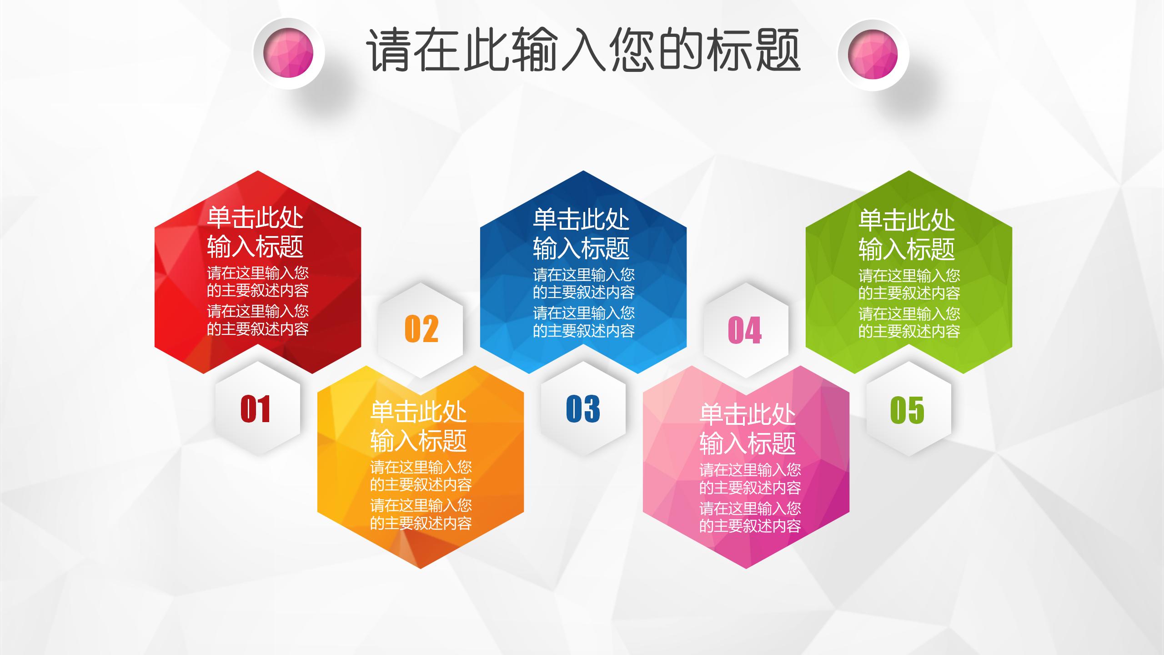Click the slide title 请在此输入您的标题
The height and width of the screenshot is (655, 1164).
pyautogui.click(x=583, y=50)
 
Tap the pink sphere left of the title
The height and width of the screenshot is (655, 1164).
pyautogui.click(x=289, y=53)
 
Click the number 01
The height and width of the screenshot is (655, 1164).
pyautogui.click(x=255, y=409)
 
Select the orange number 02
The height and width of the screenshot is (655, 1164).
pyautogui.click(x=421, y=329)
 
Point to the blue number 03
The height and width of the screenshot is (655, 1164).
pyautogui.click(x=583, y=409)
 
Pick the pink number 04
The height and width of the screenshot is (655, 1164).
pyautogui.click(x=745, y=330)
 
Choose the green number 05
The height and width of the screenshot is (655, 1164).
pyautogui.click(x=907, y=410)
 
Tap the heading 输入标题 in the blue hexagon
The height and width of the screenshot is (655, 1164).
pyautogui.click(x=581, y=248)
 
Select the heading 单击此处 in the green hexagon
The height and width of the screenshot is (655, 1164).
pyautogui.click(x=907, y=221)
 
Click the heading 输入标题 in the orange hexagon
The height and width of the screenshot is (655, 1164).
pyautogui.click(x=418, y=440)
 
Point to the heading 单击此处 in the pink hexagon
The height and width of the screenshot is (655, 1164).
pyautogui.click(x=748, y=414)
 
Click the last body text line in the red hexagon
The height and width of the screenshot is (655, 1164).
pyautogui.click(x=258, y=329)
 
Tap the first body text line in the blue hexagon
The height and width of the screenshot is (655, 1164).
pyautogui.click(x=584, y=275)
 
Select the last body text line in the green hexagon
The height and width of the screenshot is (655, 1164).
pyautogui.click(x=909, y=332)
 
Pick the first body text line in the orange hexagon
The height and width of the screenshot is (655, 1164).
pyautogui.click(x=421, y=467)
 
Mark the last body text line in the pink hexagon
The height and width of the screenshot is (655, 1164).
pyautogui.click(x=750, y=526)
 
